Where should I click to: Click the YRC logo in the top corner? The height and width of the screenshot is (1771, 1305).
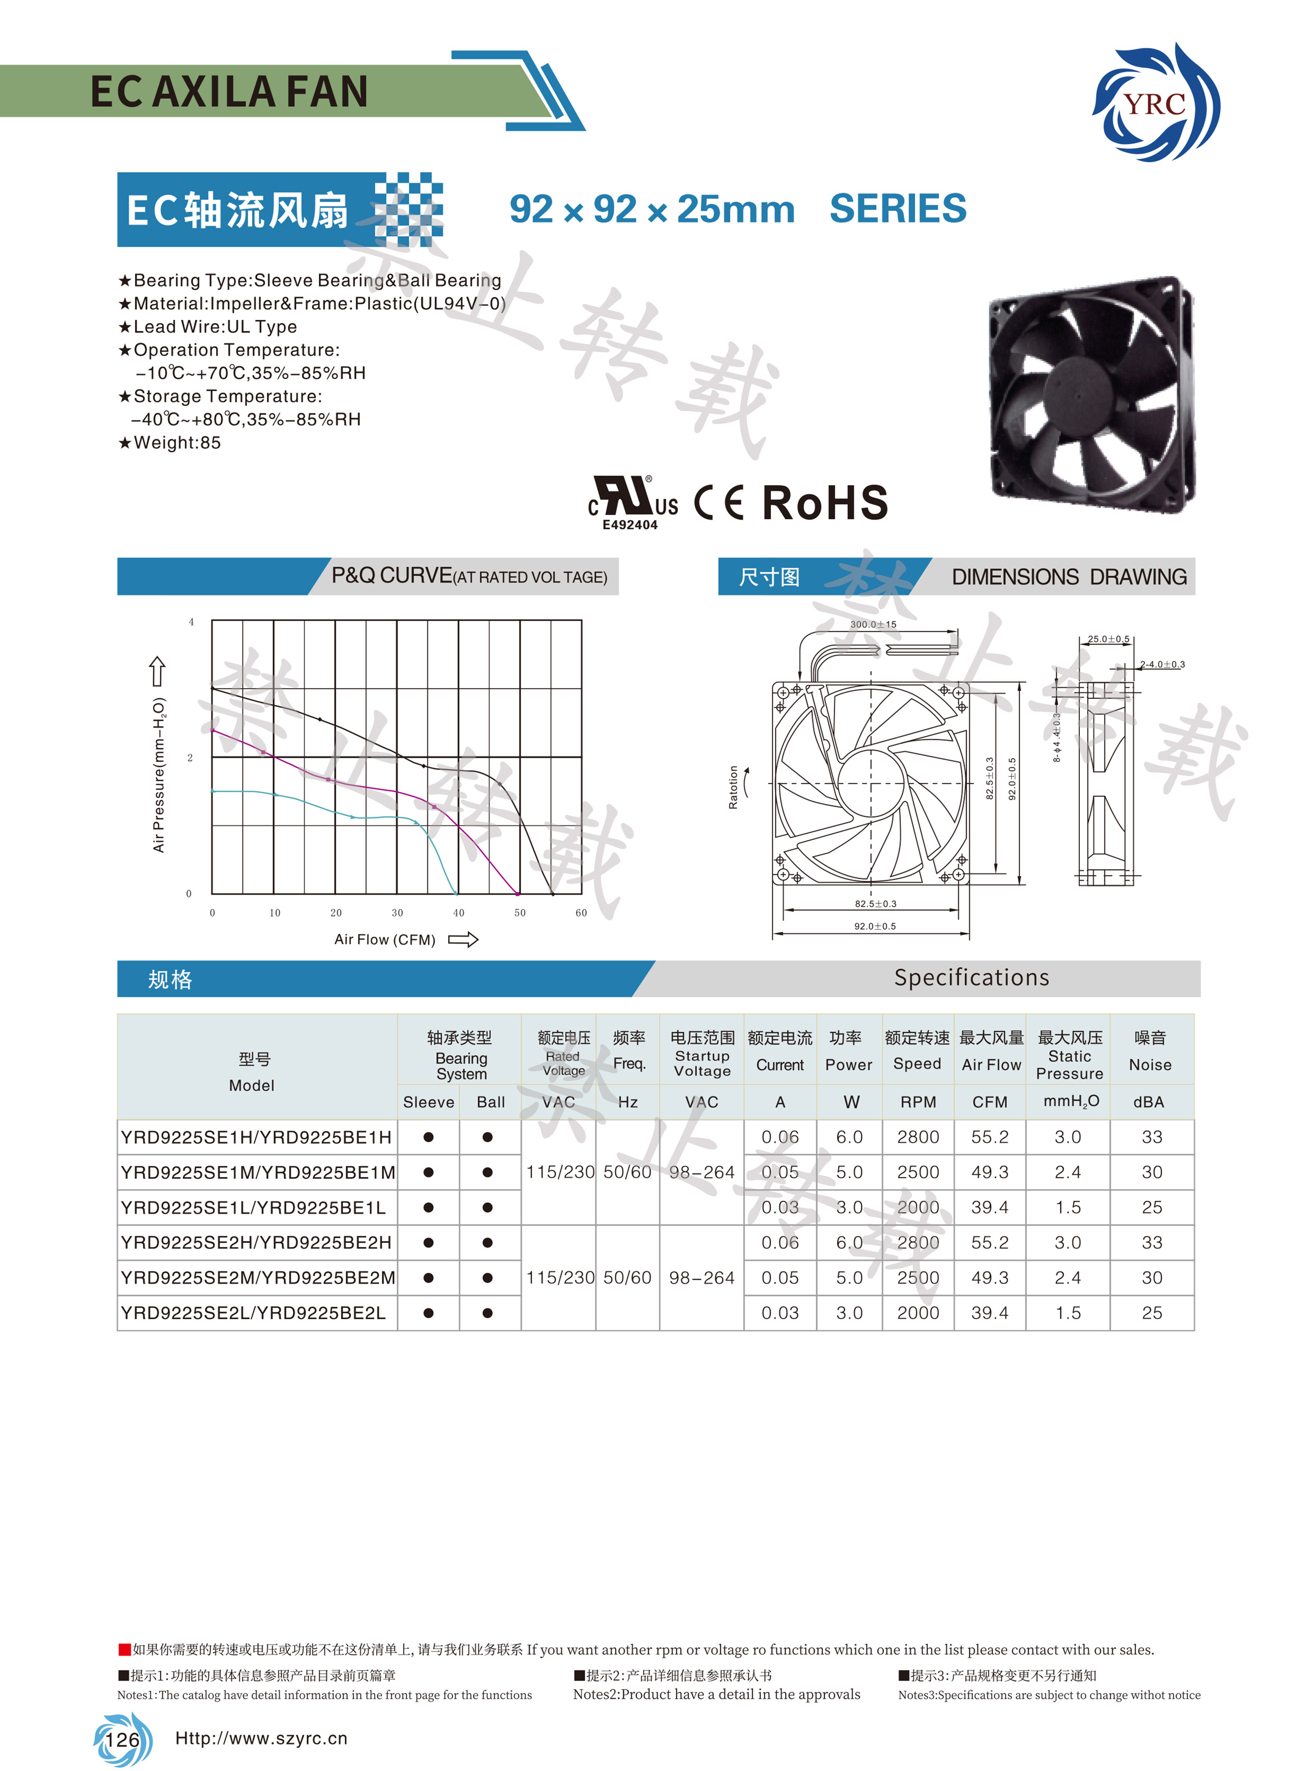tap(1156, 103)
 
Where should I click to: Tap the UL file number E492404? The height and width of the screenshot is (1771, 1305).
tap(629, 525)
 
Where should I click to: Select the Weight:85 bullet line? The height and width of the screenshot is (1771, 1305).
tap(170, 443)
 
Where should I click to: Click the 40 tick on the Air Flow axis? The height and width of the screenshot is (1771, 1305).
tap(458, 913)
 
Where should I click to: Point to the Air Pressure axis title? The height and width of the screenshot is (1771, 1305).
tap(159, 774)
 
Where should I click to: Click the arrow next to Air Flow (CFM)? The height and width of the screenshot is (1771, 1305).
tap(463, 939)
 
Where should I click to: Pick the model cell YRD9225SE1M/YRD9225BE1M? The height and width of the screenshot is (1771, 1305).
tap(257, 1173)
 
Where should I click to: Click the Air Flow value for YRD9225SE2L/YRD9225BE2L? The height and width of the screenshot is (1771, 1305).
tap(989, 1313)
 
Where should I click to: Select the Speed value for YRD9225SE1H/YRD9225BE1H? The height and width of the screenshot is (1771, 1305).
tap(918, 1138)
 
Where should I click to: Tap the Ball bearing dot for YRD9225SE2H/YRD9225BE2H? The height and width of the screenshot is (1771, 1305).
tap(487, 1243)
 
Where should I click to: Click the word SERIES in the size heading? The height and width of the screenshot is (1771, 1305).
tap(897, 209)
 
